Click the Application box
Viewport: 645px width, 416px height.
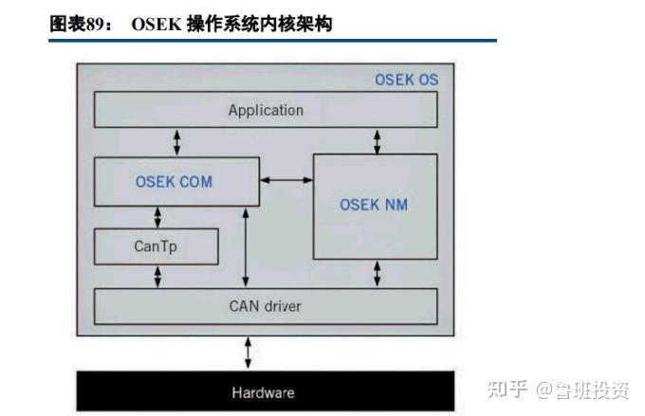266,110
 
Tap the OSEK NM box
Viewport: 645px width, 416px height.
375,205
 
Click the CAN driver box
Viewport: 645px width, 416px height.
266,306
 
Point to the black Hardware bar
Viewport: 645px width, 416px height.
264,392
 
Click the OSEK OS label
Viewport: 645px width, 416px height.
406,80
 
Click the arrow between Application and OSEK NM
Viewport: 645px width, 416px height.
377,141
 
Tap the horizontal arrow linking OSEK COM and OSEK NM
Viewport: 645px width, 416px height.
286,178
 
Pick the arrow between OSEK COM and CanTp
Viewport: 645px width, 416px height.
157,215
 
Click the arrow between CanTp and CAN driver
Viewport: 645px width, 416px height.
157,276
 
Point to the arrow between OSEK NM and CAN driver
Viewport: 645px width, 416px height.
377,273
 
